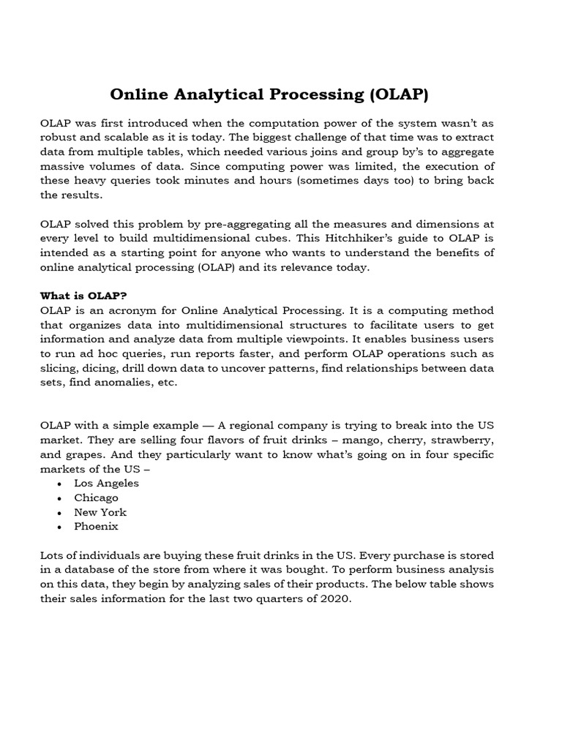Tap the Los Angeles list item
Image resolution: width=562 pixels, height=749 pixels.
click(x=106, y=483)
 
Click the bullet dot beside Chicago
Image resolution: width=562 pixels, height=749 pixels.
click(x=59, y=498)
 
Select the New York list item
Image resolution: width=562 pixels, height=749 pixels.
click(x=100, y=512)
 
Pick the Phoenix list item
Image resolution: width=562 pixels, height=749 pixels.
click(x=96, y=527)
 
